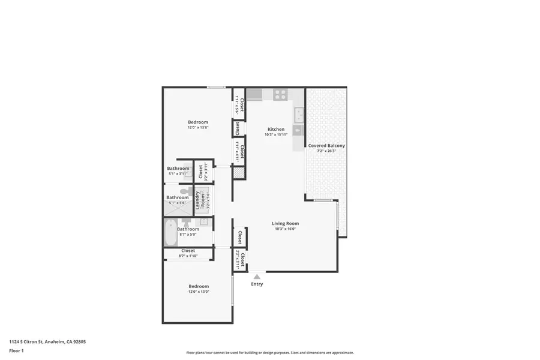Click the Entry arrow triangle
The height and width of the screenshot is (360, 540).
pos(257,277)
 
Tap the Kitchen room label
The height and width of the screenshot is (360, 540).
pos(276,129)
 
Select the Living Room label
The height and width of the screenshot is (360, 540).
pos(285,223)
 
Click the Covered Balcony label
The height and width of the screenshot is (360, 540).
pos(326,146)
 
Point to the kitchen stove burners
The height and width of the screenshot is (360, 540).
pos(280,94)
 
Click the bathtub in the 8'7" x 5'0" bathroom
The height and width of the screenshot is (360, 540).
pos(170,232)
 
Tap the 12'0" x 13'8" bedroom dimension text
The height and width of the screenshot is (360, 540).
pos(198,128)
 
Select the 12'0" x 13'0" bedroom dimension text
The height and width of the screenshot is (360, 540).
pos(199,292)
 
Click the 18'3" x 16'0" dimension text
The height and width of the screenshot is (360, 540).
pos(285,229)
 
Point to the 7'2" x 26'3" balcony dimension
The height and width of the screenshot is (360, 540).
pos(326,151)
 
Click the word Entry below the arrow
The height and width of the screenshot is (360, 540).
pos(257,284)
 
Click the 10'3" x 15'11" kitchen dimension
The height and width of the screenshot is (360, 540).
pos(276,134)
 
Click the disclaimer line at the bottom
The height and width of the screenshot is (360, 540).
pos(270,353)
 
